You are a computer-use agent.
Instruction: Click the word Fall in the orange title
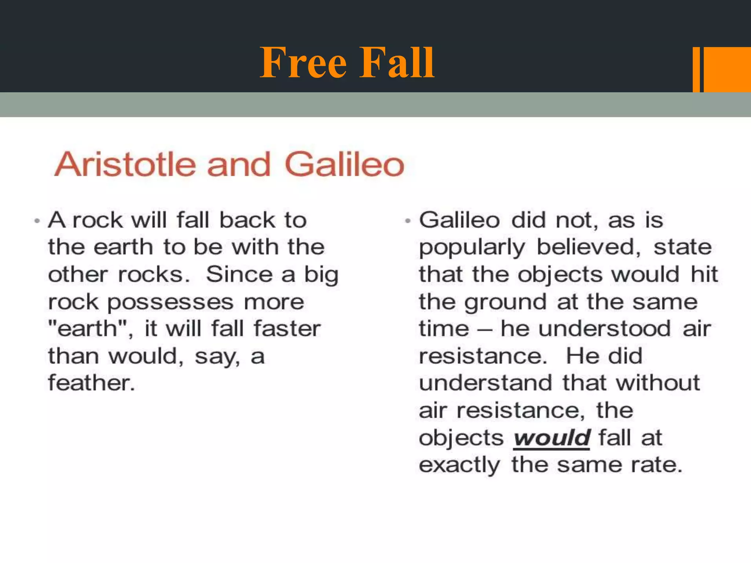397,63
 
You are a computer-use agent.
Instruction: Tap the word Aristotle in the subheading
125,165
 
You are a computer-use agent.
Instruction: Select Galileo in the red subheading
344,165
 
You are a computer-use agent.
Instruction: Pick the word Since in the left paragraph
240,275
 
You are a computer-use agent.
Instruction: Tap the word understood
605,328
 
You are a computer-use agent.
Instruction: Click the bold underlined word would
552,438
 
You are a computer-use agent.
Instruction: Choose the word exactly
459,466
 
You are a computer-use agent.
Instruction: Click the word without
658,383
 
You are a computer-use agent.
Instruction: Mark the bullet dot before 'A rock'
37,221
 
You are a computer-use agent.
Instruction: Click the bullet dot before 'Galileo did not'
408,221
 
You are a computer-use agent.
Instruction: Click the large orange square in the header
727,69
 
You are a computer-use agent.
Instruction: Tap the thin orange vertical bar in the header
696,69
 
